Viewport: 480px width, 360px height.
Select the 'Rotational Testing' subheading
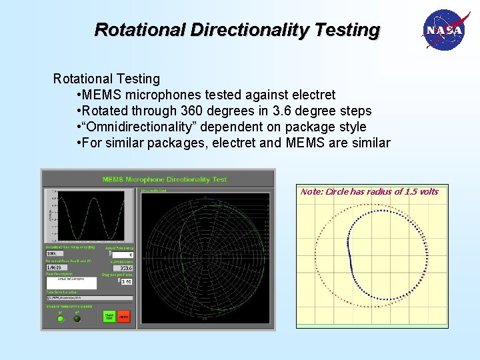click(x=107, y=79)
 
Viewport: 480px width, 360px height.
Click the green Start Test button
click(x=109, y=316)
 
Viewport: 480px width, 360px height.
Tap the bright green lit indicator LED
click(x=61, y=319)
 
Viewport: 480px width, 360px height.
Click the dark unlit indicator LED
click(x=77, y=319)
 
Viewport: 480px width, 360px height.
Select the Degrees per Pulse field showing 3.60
click(x=126, y=281)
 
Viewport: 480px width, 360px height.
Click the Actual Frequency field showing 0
click(x=123, y=254)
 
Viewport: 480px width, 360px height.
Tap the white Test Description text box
click(x=71, y=283)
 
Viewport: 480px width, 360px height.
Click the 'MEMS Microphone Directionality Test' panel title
click(x=164, y=179)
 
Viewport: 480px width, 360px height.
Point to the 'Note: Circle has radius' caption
click(x=369, y=191)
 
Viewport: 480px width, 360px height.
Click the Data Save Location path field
click(x=89, y=298)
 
